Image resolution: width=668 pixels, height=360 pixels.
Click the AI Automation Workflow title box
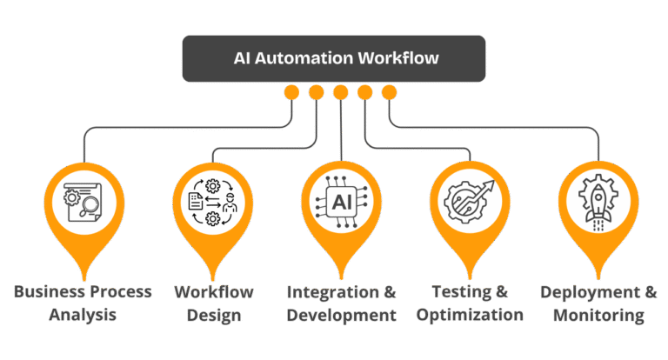[x=333, y=58]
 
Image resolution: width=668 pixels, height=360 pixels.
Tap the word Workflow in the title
[x=400, y=59]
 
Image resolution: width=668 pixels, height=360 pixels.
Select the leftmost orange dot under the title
[x=292, y=92]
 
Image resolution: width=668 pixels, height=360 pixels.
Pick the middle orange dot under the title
[x=340, y=92]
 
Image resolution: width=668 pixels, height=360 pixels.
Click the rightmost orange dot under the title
[x=389, y=92]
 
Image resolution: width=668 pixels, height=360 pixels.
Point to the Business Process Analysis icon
[x=83, y=203]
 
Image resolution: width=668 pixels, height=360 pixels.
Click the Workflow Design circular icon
[x=212, y=203]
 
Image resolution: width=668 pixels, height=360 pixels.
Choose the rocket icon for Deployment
[x=597, y=203]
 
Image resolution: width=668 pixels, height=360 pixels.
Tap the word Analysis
[x=83, y=314]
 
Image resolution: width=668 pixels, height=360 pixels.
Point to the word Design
[x=212, y=314]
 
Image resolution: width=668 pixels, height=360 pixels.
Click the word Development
[x=340, y=314]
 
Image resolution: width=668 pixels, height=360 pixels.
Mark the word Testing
[x=458, y=291]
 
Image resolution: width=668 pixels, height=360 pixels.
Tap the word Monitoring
[x=597, y=314]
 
